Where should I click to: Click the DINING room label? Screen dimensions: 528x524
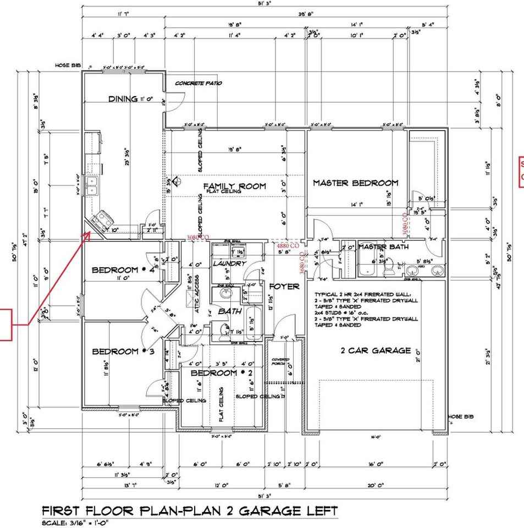point(123,99)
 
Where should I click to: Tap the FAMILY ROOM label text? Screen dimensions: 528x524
point(234,186)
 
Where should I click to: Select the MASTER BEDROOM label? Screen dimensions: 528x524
point(355,183)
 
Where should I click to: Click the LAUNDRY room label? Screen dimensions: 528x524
point(228,264)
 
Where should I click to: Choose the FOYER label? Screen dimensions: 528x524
point(284,287)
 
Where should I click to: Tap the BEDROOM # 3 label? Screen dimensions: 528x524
point(115,351)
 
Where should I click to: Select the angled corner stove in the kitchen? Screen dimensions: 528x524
point(101,221)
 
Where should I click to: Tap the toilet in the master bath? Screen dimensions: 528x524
point(389,268)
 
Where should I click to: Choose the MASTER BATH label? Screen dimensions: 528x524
point(383,247)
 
